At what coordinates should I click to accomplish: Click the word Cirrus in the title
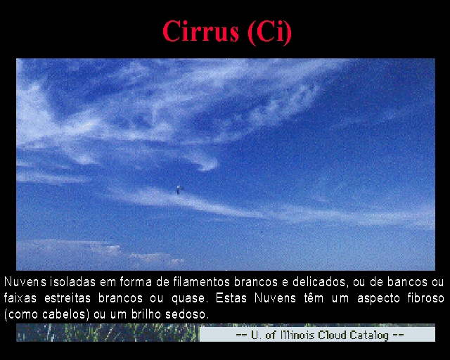point(200,31)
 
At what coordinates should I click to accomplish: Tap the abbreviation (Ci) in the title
point(270,32)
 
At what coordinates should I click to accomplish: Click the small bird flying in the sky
point(180,189)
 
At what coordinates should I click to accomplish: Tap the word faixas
point(20,298)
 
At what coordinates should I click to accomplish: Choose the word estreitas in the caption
point(67,298)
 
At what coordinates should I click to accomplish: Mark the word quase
point(188,299)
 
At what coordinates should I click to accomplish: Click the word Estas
point(231,298)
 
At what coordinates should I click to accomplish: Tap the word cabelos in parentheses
point(64,314)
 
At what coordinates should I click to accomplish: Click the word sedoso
point(187,314)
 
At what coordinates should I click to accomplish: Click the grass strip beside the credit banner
point(108,333)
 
